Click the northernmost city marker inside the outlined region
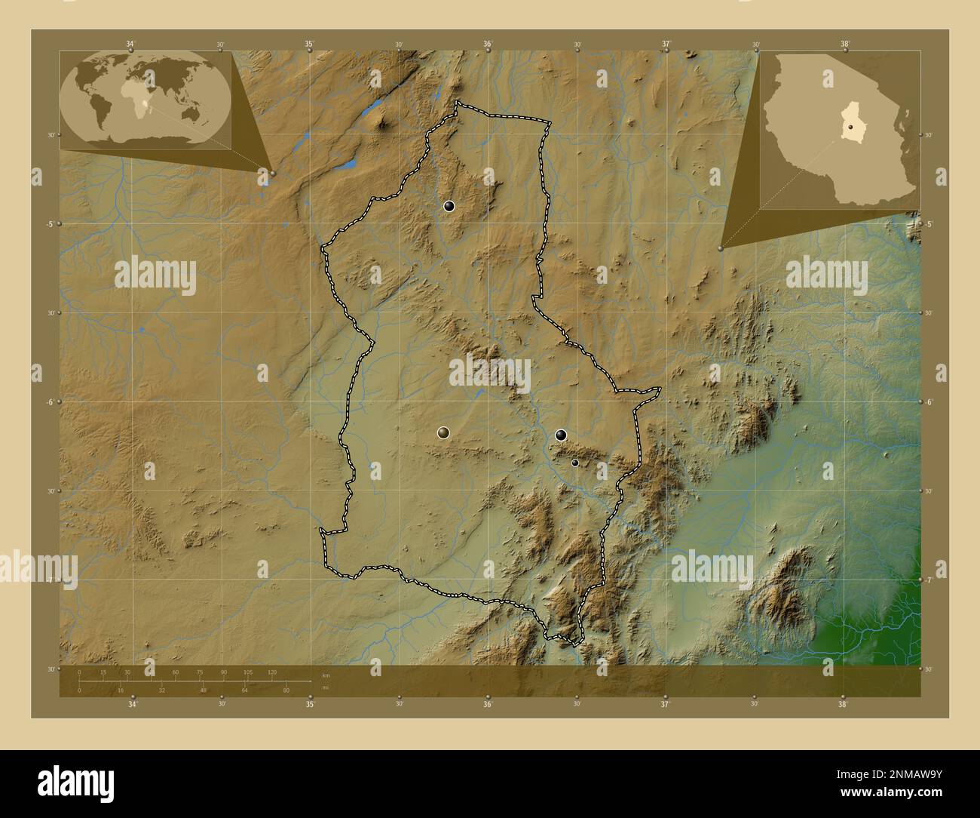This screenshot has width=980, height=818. [449, 206]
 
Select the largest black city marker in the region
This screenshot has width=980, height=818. [561, 435]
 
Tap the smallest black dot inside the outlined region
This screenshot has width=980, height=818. [574, 463]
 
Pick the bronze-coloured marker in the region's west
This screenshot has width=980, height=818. [443, 432]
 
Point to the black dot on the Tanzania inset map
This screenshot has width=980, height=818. [850, 128]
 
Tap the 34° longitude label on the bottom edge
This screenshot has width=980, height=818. [133, 706]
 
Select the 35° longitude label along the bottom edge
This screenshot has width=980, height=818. [310, 706]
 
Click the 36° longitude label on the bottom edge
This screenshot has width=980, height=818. [488, 706]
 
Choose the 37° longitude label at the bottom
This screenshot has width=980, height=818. [665, 706]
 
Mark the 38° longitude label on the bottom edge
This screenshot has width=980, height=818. [842, 706]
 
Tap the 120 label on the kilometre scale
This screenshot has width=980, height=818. [272, 672]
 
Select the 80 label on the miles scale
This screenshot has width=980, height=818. [286, 690]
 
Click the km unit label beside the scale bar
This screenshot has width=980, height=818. [326, 675]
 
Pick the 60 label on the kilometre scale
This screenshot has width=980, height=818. [176, 672]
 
